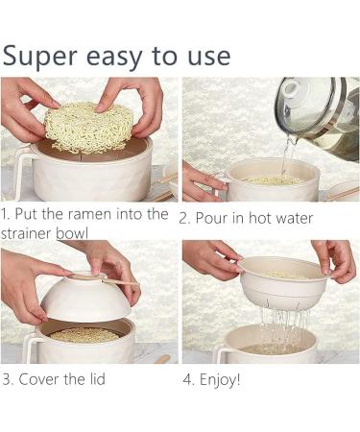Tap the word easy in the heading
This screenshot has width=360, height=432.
tap(123, 55)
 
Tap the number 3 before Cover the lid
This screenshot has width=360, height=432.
tap(6, 378)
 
